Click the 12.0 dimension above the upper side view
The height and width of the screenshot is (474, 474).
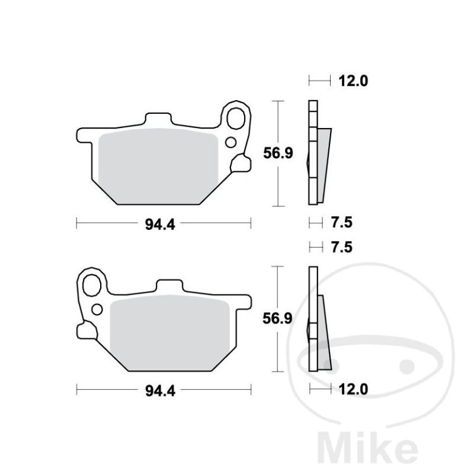[x=353, y=81]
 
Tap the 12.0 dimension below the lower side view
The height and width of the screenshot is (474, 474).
[x=353, y=389]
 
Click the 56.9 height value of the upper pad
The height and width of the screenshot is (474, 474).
[x=278, y=153]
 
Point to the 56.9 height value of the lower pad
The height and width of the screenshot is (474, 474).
[x=277, y=319]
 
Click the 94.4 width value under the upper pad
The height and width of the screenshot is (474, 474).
[x=160, y=225]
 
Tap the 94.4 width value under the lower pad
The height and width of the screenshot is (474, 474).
[x=161, y=391]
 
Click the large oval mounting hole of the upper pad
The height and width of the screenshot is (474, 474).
[x=236, y=118]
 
